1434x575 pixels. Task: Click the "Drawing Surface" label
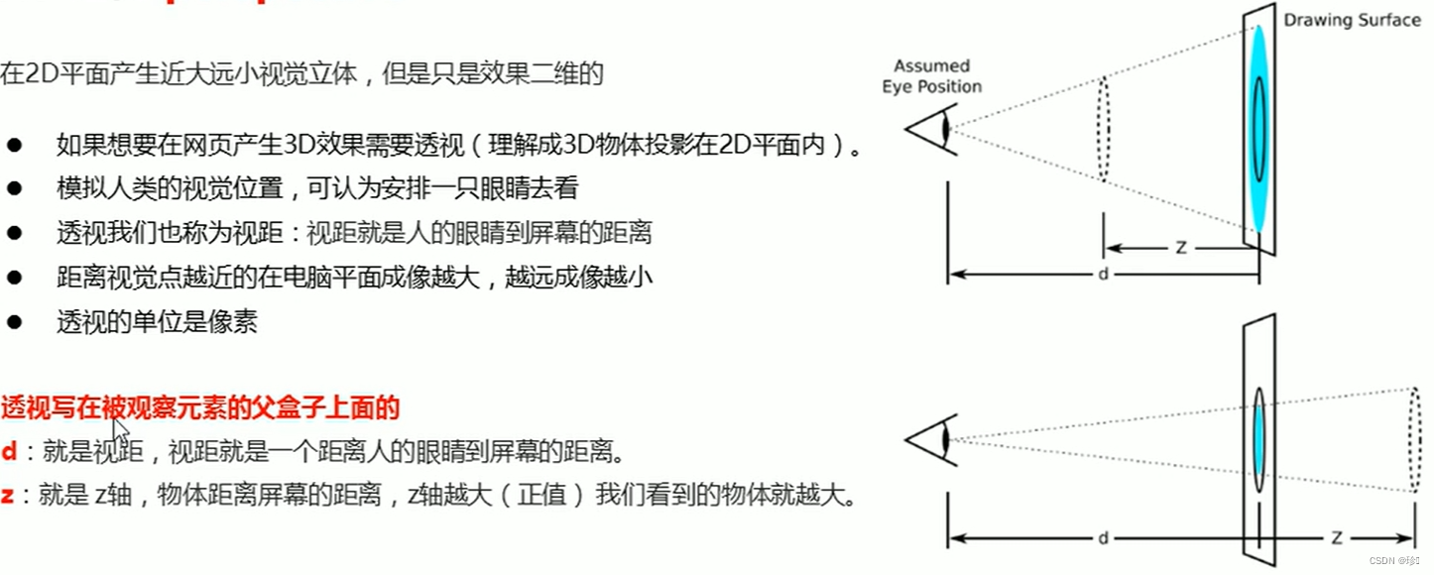1352,20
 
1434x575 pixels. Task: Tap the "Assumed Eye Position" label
931,76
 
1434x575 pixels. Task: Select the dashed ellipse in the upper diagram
1103,129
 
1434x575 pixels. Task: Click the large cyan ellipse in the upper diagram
1258,129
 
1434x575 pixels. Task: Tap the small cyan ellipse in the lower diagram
1258,439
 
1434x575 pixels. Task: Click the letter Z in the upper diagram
1181,248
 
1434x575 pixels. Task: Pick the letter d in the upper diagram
1103,274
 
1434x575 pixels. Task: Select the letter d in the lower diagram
1103,538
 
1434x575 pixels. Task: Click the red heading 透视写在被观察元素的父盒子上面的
199,406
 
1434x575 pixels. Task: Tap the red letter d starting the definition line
9,452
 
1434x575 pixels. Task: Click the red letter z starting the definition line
8,496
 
